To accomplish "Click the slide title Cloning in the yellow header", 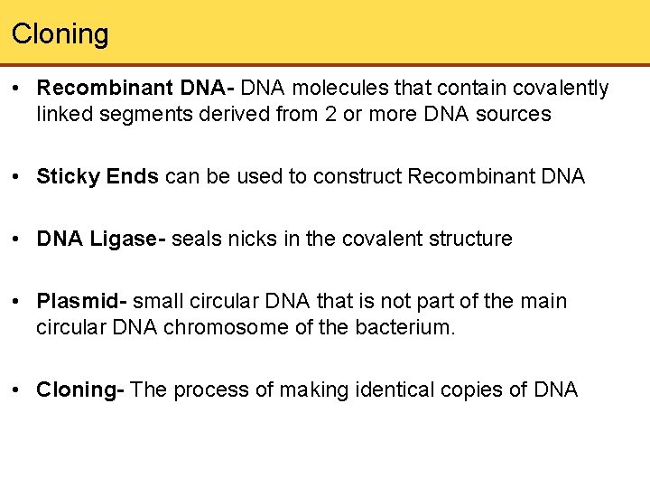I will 60,34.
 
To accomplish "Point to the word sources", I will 513,114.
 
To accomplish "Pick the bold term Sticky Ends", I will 98,176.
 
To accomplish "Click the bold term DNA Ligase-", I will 101,239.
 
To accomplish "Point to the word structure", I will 469,239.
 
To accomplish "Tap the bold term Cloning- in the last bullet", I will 80,389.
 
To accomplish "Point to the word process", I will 209,389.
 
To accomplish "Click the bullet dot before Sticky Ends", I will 20,177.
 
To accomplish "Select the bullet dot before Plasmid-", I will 20,302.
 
